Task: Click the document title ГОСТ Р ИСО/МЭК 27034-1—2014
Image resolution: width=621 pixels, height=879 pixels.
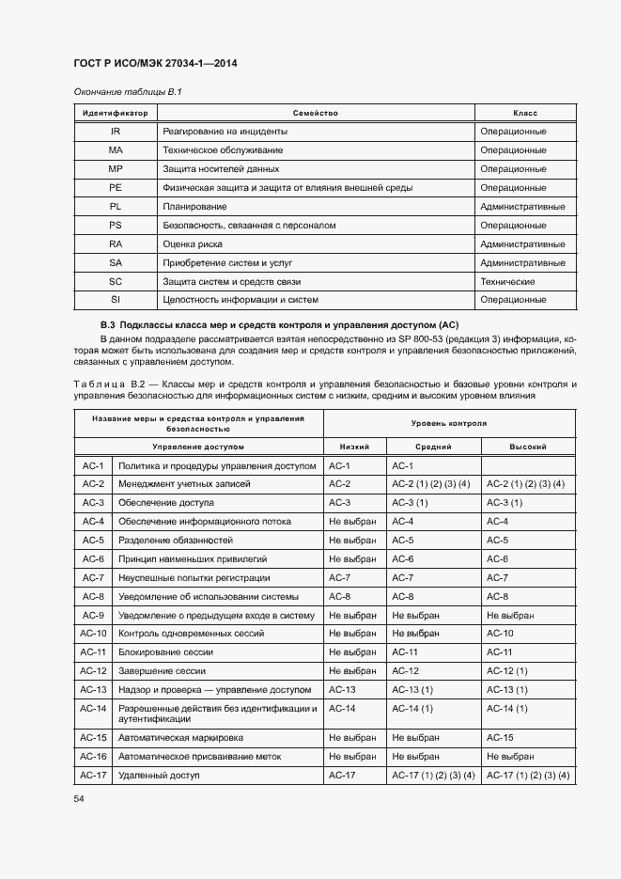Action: (x=154, y=63)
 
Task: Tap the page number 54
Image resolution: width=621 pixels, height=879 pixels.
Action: (x=79, y=798)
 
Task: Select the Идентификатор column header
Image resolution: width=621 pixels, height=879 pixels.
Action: (x=115, y=113)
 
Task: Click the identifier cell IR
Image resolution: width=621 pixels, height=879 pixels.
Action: (x=115, y=132)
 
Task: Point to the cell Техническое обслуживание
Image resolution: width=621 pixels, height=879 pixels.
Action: (x=223, y=150)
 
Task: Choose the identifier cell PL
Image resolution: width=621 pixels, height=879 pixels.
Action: (x=115, y=207)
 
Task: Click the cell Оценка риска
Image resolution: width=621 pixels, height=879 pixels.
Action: (x=192, y=244)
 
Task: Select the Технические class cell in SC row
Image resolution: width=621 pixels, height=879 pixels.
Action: (x=507, y=282)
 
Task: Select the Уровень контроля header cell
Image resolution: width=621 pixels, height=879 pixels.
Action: (x=449, y=423)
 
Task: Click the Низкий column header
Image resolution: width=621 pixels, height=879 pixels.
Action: (x=354, y=447)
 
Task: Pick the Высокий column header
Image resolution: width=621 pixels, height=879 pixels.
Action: (x=527, y=447)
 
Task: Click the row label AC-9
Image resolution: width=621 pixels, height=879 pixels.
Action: (x=92, y=615)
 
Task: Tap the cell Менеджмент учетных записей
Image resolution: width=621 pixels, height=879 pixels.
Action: (x=184, y=484)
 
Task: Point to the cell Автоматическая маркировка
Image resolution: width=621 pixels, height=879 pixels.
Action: (x=180, y=738)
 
